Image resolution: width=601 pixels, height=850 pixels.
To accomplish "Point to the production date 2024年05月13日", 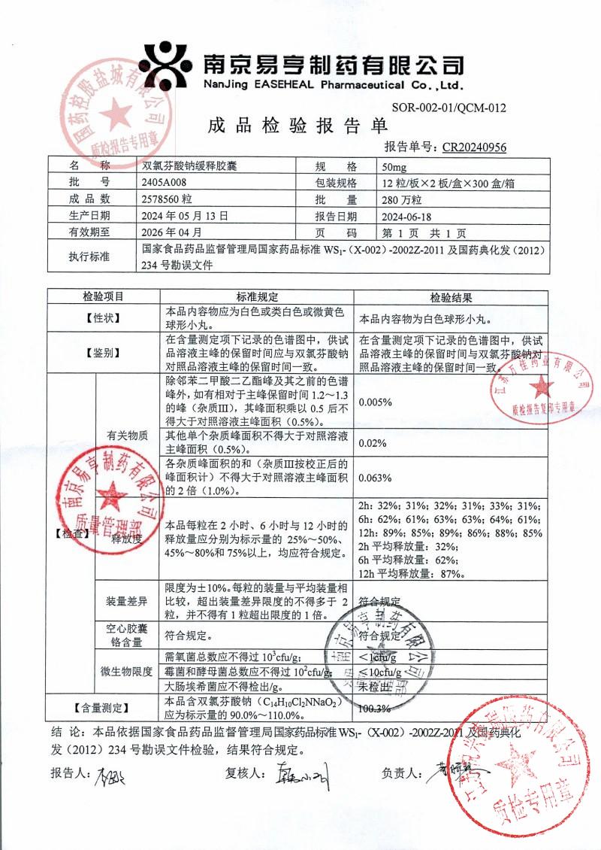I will coord(184,215).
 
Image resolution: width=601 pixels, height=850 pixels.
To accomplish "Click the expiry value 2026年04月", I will coord(172,232).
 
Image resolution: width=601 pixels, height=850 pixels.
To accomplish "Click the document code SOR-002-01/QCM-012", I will coord(449,108).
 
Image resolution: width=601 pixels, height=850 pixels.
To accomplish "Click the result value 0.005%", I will coord(376,402).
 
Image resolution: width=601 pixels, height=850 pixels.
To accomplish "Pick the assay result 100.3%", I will coord(376,708).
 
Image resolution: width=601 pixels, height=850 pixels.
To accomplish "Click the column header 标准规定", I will coord(257,297).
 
